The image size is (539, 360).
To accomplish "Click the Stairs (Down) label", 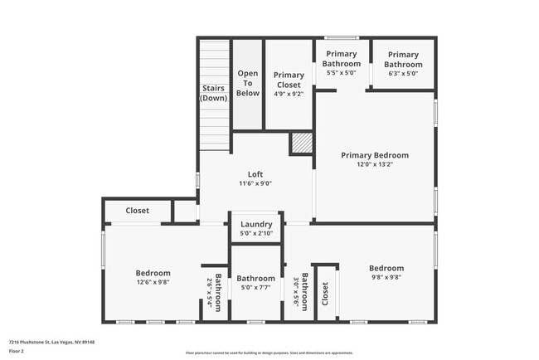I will (x=213, y=93).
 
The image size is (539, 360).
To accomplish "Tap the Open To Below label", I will (x=248, y=83).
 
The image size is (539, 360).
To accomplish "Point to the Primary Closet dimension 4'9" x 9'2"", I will (x=288, y=94).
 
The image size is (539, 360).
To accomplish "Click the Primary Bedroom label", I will (x=375, y=155).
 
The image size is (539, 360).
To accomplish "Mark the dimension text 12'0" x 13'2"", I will (x=375, y=164).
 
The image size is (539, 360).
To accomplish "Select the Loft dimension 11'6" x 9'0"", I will (x=255, y=183).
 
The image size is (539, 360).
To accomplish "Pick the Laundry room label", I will (x=256, y=225).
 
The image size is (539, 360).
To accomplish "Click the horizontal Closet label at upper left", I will (x=138, y=211).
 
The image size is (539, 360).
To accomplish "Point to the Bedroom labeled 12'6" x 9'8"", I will (x=153, y=273).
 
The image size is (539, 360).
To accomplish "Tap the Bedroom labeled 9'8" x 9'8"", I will (x=386, y=268).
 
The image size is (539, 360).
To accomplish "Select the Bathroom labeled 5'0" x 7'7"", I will (x=255, y=279).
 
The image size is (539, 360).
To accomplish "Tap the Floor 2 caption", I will (x=17, y=351).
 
